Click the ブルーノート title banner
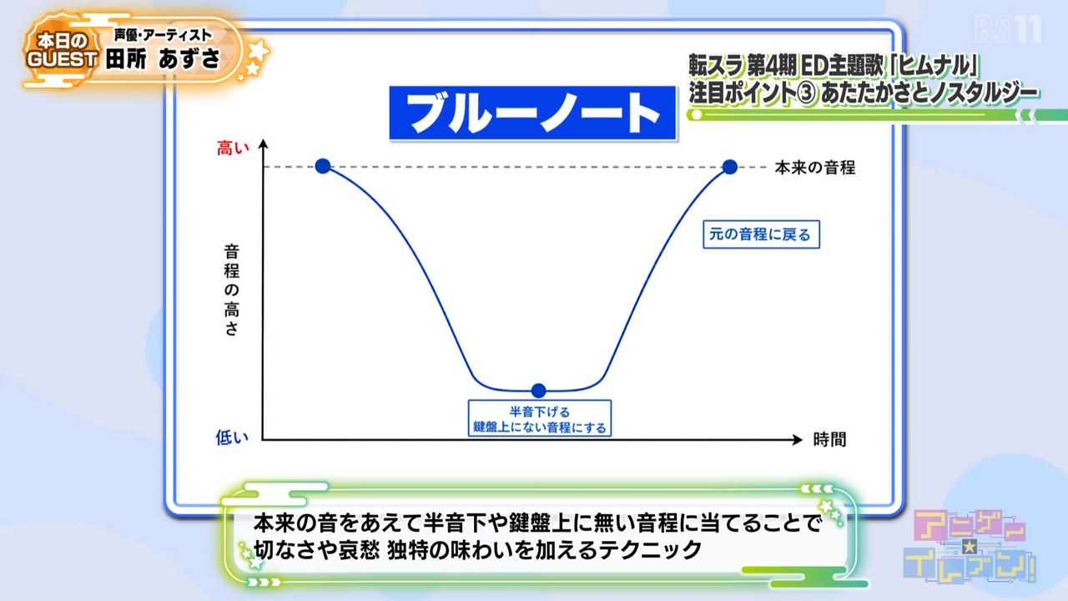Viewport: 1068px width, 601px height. (x=532, y=113)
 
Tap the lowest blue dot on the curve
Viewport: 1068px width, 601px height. (x=538, y=391)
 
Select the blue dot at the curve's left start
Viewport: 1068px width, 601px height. (x=323, y=166)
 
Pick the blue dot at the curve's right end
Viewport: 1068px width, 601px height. (x=729, y=167)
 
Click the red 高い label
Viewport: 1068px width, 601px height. (x=233, y=149)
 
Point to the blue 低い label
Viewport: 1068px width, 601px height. (x=232, y=437)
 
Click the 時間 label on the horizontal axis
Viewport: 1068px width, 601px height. (x=829, y=439)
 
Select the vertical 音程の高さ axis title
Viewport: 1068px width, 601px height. (x=232, y=290)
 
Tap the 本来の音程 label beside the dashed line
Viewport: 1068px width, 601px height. (x=815, y=168)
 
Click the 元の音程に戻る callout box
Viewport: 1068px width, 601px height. (x=761, y=235)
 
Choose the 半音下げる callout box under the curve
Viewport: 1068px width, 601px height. (x=539, y=418)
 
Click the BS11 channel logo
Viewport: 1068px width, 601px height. (x=1007, y=29)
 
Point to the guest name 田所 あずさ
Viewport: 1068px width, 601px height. (x=163, y=59)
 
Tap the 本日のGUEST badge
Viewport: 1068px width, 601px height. (x=62, y=50)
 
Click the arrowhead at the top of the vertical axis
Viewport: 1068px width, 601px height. (x=263, y=143)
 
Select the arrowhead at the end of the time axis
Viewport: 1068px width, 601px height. (x=798, y=439)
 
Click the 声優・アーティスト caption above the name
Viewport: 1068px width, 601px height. (x=163, y=35)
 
